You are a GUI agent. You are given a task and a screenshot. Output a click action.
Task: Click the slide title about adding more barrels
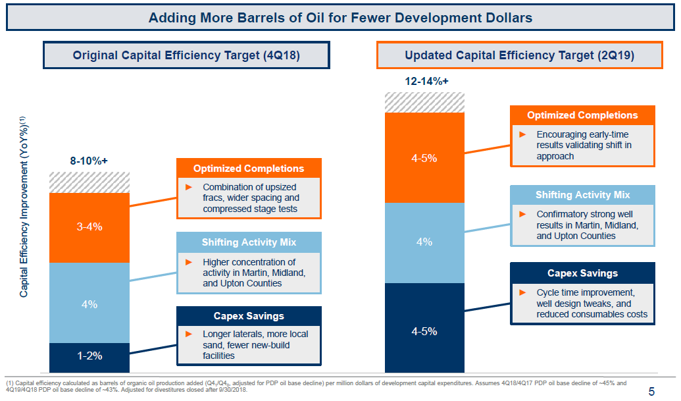coord(340,17)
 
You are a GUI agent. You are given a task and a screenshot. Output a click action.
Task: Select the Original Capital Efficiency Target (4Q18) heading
coord(186,55)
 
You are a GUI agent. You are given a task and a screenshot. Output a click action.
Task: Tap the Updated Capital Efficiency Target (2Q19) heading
coord(519,55)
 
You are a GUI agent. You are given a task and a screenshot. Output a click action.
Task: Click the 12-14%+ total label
coord(424,81)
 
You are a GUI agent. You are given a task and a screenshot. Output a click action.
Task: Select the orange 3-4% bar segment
coord(89,227)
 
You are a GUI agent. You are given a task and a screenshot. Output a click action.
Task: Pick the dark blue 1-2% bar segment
coord(89,356)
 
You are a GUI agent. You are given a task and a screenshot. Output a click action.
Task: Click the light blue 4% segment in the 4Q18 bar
coord(89,304)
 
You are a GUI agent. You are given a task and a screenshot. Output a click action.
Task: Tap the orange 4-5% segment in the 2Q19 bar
coord(424,158)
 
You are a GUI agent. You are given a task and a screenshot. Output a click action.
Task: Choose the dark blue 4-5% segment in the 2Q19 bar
coord(424,331)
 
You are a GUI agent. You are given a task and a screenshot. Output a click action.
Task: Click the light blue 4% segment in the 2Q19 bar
coord(424,242)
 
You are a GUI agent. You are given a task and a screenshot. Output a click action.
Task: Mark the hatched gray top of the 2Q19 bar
coord(424,103)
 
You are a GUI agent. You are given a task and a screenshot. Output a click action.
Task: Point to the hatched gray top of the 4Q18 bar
coord(89,182)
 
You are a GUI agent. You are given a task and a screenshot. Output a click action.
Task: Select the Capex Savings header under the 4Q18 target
coord(248,316)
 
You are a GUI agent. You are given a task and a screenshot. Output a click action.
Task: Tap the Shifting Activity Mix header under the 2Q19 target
coord(582,195)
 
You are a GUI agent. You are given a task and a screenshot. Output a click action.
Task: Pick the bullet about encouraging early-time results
coord(582,145)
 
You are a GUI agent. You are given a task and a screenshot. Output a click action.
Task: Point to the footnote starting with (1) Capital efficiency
coord(316,386)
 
